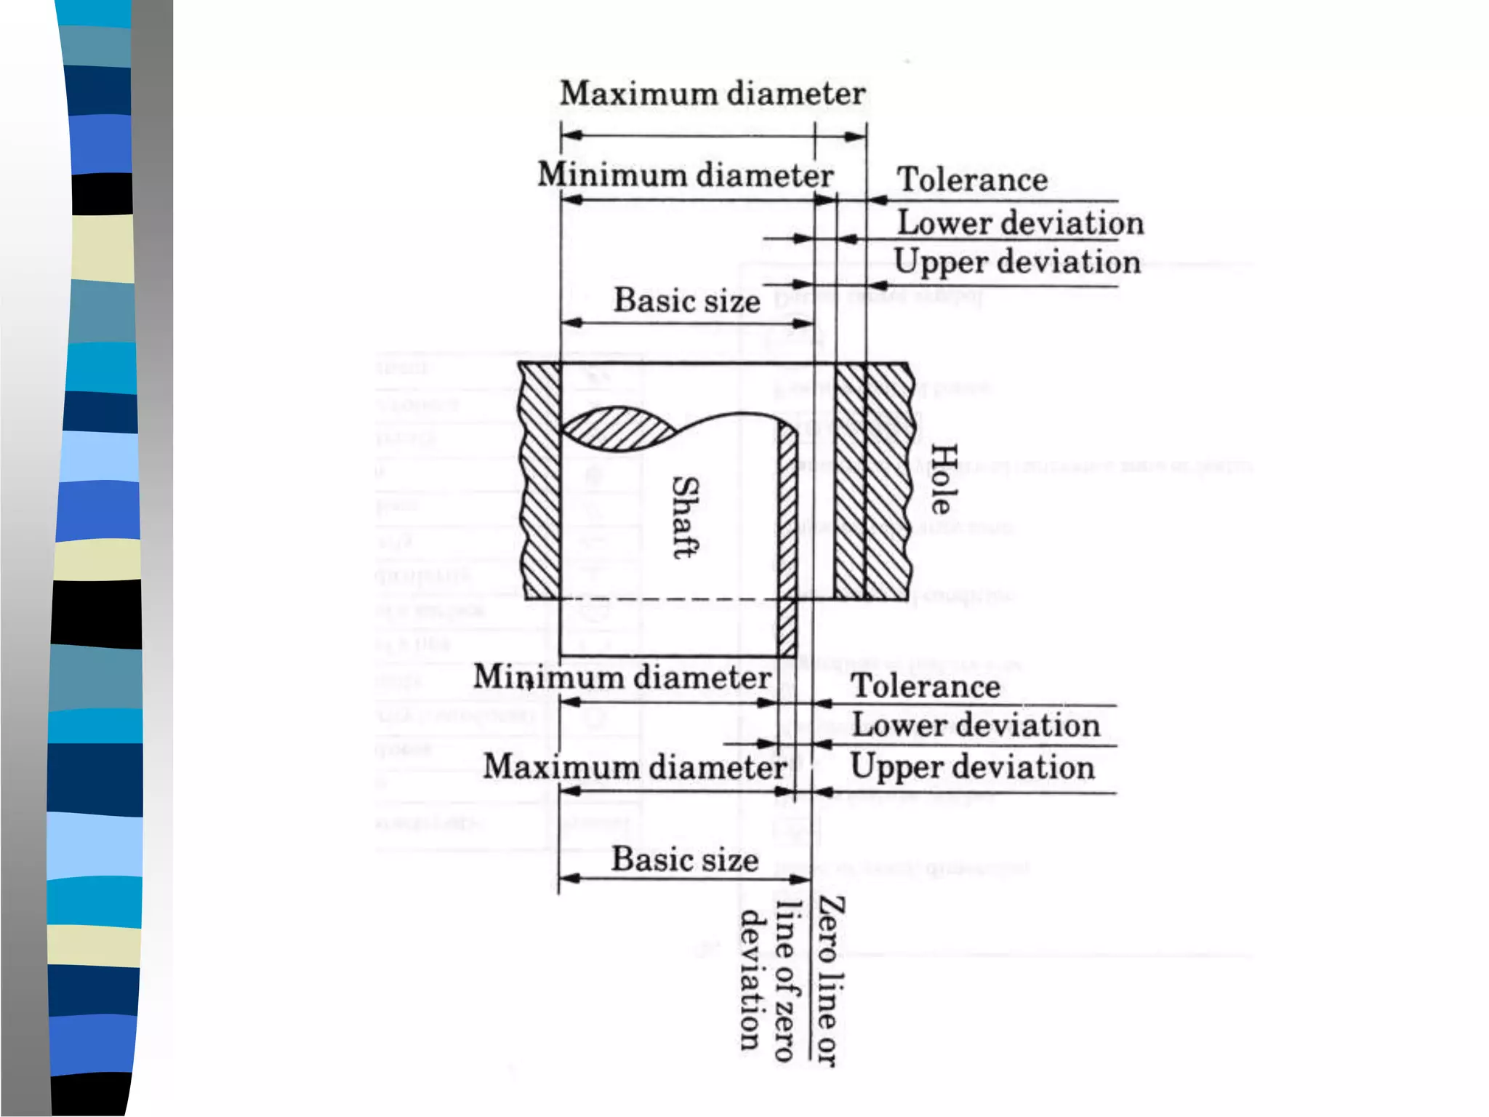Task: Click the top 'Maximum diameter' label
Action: click(713, 94)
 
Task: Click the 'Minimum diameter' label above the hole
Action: click(685, 175)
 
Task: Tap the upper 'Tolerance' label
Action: click(972, 180)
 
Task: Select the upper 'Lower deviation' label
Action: click(1020, 223)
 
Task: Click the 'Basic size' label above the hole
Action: click(687, 300)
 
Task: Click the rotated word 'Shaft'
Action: click(685, 517)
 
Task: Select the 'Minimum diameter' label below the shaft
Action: click(622, 678)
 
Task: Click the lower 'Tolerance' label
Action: click(926, 686)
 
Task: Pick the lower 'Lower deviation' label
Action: click(976, 725)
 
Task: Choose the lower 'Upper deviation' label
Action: click(972, 767)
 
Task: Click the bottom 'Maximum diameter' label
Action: click(635, 767)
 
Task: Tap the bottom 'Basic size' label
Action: click(685, 860)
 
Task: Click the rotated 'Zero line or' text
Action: click(830, 981)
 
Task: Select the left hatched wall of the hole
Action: click(540, 480)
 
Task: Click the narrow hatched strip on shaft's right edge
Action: click(787, 538)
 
